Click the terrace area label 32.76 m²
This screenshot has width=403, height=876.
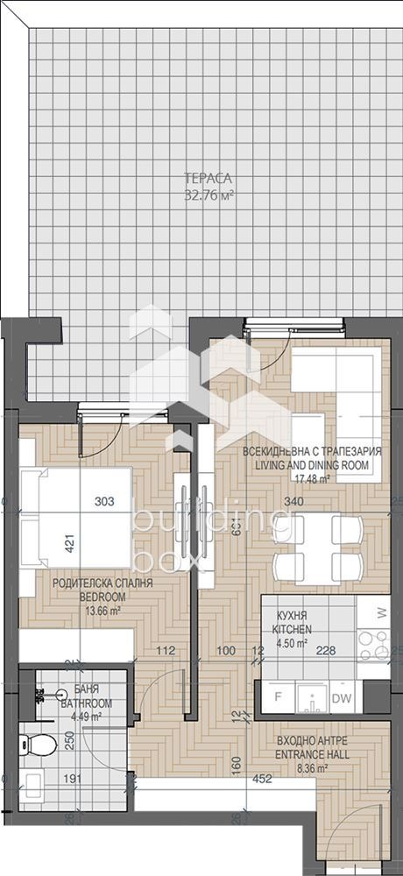click(x=209, y=195)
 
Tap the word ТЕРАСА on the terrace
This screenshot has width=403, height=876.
click(x=209, y=180)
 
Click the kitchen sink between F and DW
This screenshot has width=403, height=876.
click(x=311, y=697)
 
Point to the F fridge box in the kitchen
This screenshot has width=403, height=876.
click(x=278, y=697)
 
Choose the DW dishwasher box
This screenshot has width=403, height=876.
click(x=344, y=697)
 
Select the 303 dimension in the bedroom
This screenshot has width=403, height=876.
click(x=105, y=502)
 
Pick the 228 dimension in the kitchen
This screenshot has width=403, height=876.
click(x=326, y=650)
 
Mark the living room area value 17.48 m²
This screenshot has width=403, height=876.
click(x=312, y=479)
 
